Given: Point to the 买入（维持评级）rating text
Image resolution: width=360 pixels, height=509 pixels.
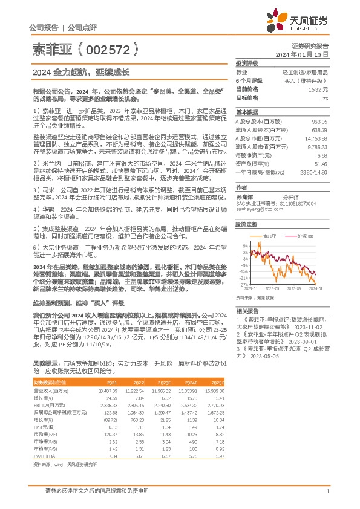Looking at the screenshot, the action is [309, 80].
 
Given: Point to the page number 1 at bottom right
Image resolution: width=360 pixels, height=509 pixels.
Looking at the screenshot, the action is [327, 491].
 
